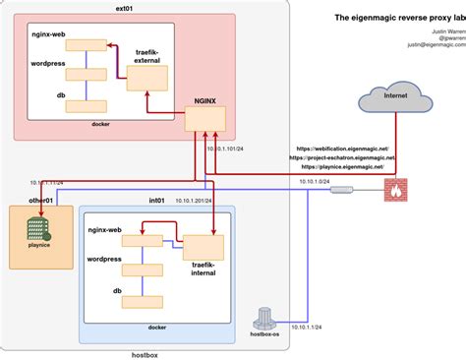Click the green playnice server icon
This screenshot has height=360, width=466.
(38, 233)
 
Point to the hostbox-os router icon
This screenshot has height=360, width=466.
(262, 319)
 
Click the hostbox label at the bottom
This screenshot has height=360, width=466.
(148, 354)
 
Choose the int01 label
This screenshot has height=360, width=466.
(156, 200)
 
